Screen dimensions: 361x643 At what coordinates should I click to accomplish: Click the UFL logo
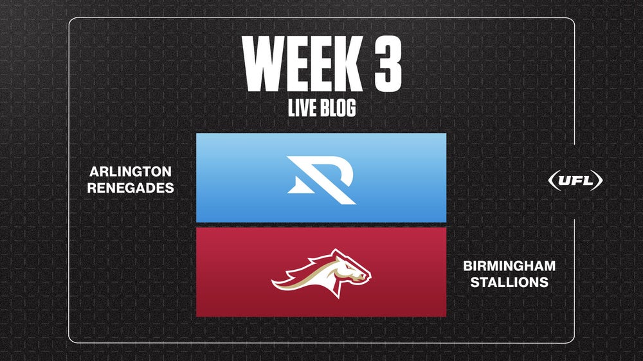pyautogui.click(x=575, y=180)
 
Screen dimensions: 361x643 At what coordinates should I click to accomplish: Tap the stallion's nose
pyautogui.click(x=367, y=277)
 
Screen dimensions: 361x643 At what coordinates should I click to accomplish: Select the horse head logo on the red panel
pyautogui.click(x=321, y=271)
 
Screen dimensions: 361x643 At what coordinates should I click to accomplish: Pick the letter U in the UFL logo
pyautogui.click(x=563, y=180)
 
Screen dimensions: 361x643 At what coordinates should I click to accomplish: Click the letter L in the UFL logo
pyautogui.click(x=586, y=180)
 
